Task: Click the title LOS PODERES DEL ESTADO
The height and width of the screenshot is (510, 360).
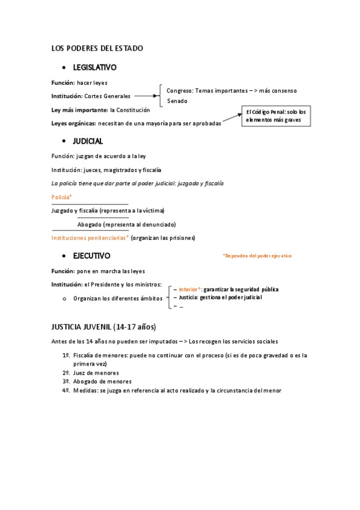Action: point(97,48)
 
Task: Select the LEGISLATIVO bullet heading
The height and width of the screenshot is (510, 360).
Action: point(94,67)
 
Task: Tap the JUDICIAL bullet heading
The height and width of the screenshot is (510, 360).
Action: point(88,141)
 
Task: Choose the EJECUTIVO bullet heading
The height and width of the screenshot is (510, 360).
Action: point(91,256)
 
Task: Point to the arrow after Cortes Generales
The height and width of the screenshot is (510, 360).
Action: point(144,96)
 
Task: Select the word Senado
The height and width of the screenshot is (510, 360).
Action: point(177,101)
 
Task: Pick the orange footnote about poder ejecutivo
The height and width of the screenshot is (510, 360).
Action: point(257,256)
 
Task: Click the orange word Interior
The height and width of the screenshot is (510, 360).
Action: point(190,289)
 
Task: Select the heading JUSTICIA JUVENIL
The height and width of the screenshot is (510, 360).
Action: point(103,327)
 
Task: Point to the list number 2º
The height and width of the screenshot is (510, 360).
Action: point(66,373)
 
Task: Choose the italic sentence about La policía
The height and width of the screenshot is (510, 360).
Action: point(138,183)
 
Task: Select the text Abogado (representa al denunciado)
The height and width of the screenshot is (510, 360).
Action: point(126,224)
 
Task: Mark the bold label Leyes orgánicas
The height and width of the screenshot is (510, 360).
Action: point(73,123)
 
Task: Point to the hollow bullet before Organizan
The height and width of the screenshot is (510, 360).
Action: point(64,298)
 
